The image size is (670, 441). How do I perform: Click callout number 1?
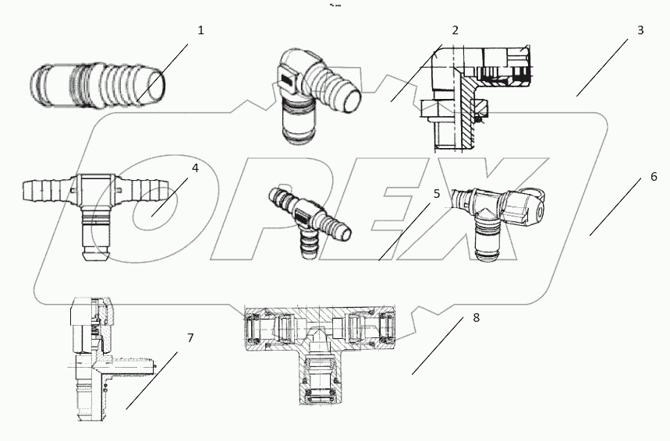200,30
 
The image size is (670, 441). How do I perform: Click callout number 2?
456,30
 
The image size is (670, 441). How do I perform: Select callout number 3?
640,30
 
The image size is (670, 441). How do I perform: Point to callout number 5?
437,192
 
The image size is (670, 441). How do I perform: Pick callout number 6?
654,177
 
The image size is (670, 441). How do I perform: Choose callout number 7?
190,338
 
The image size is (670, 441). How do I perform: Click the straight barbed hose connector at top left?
97,82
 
